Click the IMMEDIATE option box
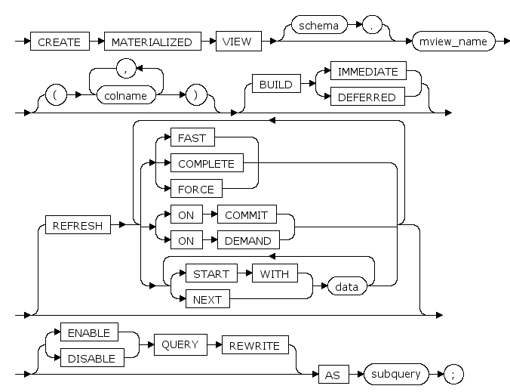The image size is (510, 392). (x=367, y=73)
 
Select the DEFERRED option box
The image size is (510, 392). (x=367, y=97)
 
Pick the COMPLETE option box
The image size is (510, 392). (x=206, y=162)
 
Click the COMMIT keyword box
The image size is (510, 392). (x=246, y=215)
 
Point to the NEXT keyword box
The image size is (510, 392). (x=207, y=299)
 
